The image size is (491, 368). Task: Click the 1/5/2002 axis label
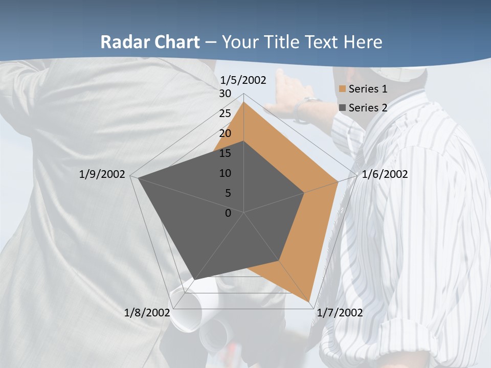coord(243,80)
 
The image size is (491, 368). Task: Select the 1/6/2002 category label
coord(385,174)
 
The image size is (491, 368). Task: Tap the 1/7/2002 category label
coord(340,312)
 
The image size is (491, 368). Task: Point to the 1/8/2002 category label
coord(147,312)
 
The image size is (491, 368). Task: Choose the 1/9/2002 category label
coord(102,174)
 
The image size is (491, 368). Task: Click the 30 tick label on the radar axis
coord(225,94)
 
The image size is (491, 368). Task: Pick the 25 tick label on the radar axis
coord(225,113)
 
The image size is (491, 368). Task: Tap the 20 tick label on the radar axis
coord(225,133)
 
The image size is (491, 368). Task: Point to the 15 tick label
coord(225,153)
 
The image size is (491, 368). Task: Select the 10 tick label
coord(225,173)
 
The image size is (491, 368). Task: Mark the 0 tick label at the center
coord(228,213)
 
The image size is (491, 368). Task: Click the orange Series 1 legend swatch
coord(343,89)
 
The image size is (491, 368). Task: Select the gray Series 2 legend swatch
coord(343,107)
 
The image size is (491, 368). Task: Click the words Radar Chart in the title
coord(150,42)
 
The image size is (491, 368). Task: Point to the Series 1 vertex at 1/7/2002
coord(310,301)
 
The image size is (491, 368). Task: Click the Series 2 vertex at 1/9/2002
coord(138,178)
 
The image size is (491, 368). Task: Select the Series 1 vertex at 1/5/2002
coord(244,102)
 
